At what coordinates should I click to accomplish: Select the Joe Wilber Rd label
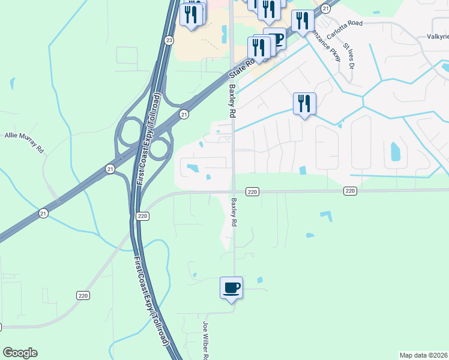click(x=205, y=341)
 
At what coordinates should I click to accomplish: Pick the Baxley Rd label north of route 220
click(x=231, y=100)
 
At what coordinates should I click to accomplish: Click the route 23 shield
click(x=169, y=40)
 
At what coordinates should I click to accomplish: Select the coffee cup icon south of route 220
click(x=232, y=287)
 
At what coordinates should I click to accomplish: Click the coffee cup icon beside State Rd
click(x=276, y=39)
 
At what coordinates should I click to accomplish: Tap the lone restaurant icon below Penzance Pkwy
click(x=304, y=103)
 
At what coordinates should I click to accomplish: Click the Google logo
click(x=20, y=353)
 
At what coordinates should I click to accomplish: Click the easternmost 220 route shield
click(x=351, y=191)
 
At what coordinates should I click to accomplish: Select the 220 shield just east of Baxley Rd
click(x=252, y=191)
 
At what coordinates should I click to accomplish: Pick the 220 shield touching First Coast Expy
click(x=142, y=216)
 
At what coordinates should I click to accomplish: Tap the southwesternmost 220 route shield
click(x=83, y=295)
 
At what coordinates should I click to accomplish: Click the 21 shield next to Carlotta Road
click(x=325, y=8)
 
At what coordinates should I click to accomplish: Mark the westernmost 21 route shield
click(x=43, y=213)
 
